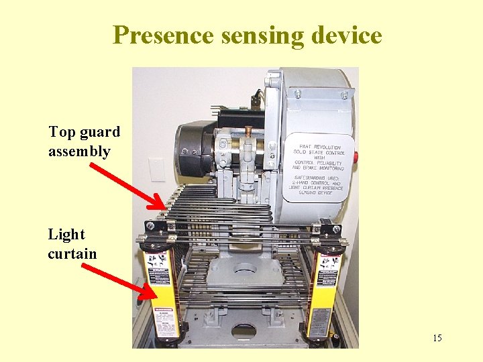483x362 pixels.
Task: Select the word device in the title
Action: pyautogui.click(x=349, y=35)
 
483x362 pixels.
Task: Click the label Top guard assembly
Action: pyautogui.click(x=83, y=141)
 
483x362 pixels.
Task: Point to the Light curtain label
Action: pyautogui.click(x=72, y=244)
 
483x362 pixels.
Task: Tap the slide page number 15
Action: pyautogui.click(x=437, y=338)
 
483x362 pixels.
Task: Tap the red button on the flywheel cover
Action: pyautogui.click(x=356, y=157)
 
